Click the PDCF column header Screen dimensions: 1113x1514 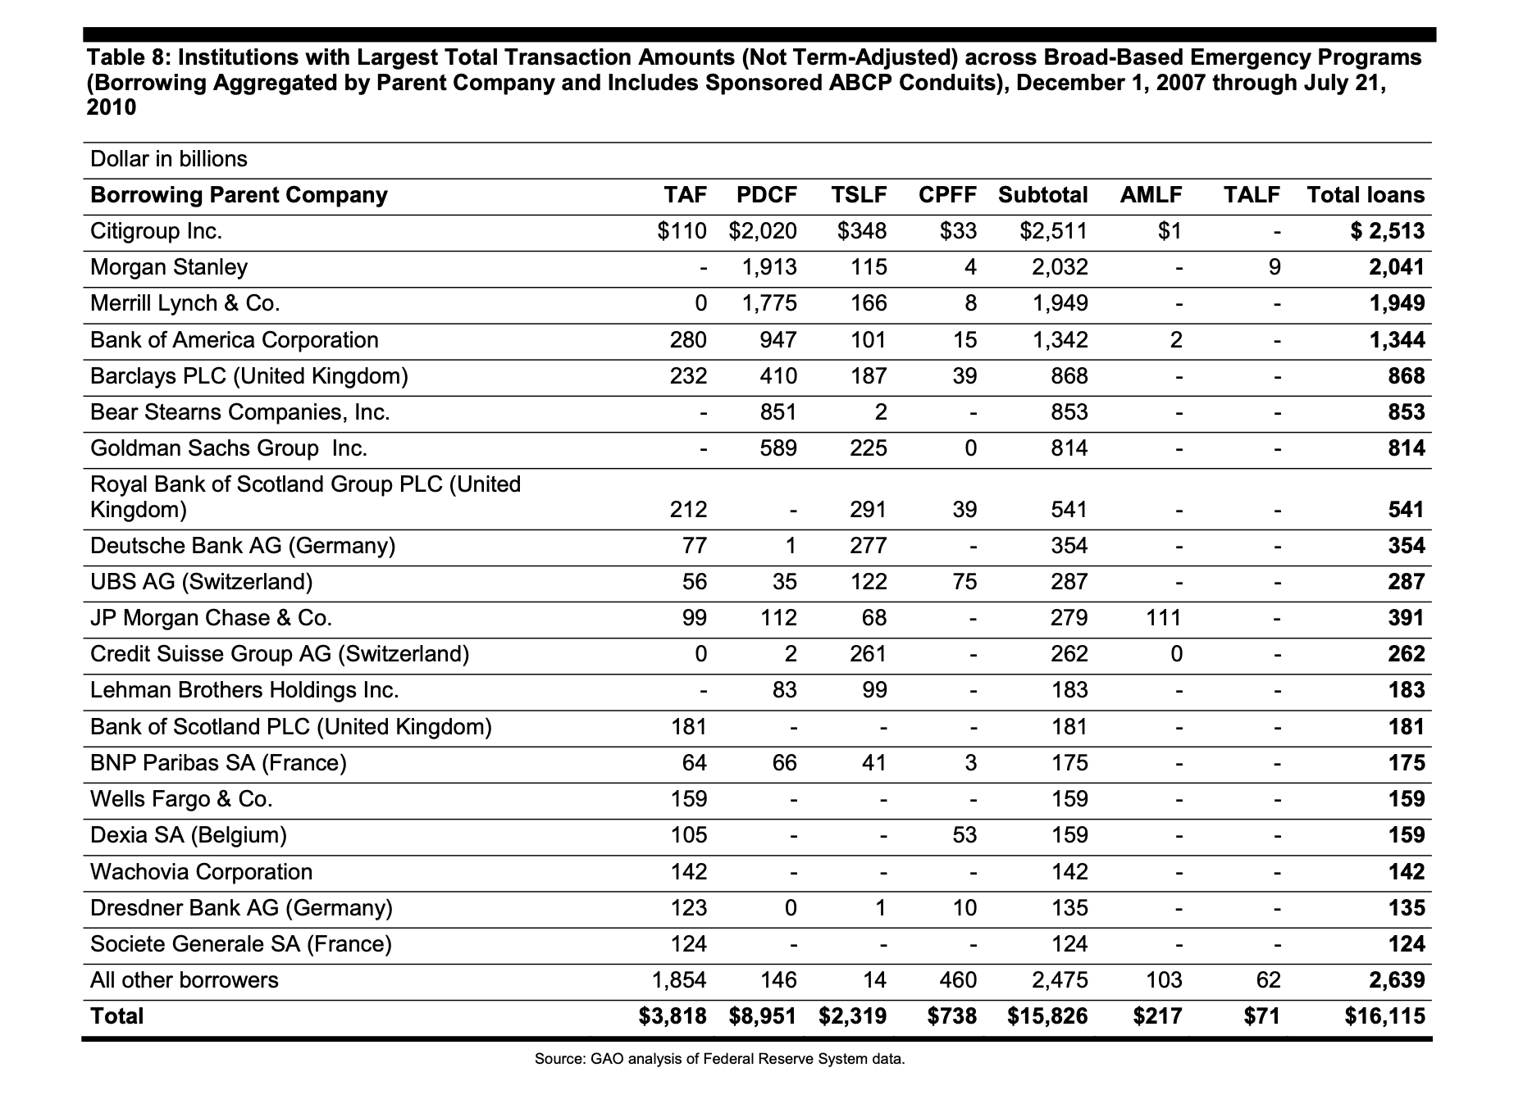point(766,195)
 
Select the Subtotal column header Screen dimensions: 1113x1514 point(1042,195)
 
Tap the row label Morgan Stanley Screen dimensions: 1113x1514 point(169,267)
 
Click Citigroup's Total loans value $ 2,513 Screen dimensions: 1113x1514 point(1388,231)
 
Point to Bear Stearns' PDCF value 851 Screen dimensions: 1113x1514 point(778,412)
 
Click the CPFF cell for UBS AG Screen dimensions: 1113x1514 point(964,582)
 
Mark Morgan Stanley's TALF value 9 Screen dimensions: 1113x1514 point(1274,267)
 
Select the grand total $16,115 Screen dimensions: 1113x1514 point(1384,1016)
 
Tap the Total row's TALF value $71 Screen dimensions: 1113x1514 point(1261,1016)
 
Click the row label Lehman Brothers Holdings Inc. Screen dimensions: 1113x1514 point(244,690)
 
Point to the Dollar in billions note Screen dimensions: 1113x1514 point(169,159)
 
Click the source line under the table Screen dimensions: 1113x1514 point(719,1059)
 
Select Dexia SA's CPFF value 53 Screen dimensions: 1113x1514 point(964,835)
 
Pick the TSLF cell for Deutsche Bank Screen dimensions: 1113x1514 point(869,546)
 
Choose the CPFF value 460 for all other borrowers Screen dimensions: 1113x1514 point(959,980)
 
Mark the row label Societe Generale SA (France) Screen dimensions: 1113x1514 point(241,944)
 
